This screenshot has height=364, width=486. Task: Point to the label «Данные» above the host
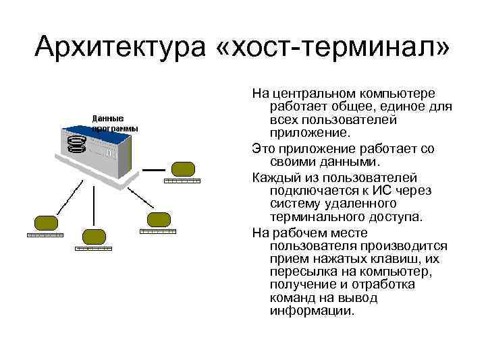[x=107, y=118]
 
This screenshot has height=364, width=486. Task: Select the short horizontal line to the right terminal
[x=154, y=169]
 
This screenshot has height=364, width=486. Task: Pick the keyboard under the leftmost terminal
[x=45, y=235]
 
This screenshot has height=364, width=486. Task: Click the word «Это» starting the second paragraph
[x=264, y=148]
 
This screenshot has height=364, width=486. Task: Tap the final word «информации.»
[x=311, y=311]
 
